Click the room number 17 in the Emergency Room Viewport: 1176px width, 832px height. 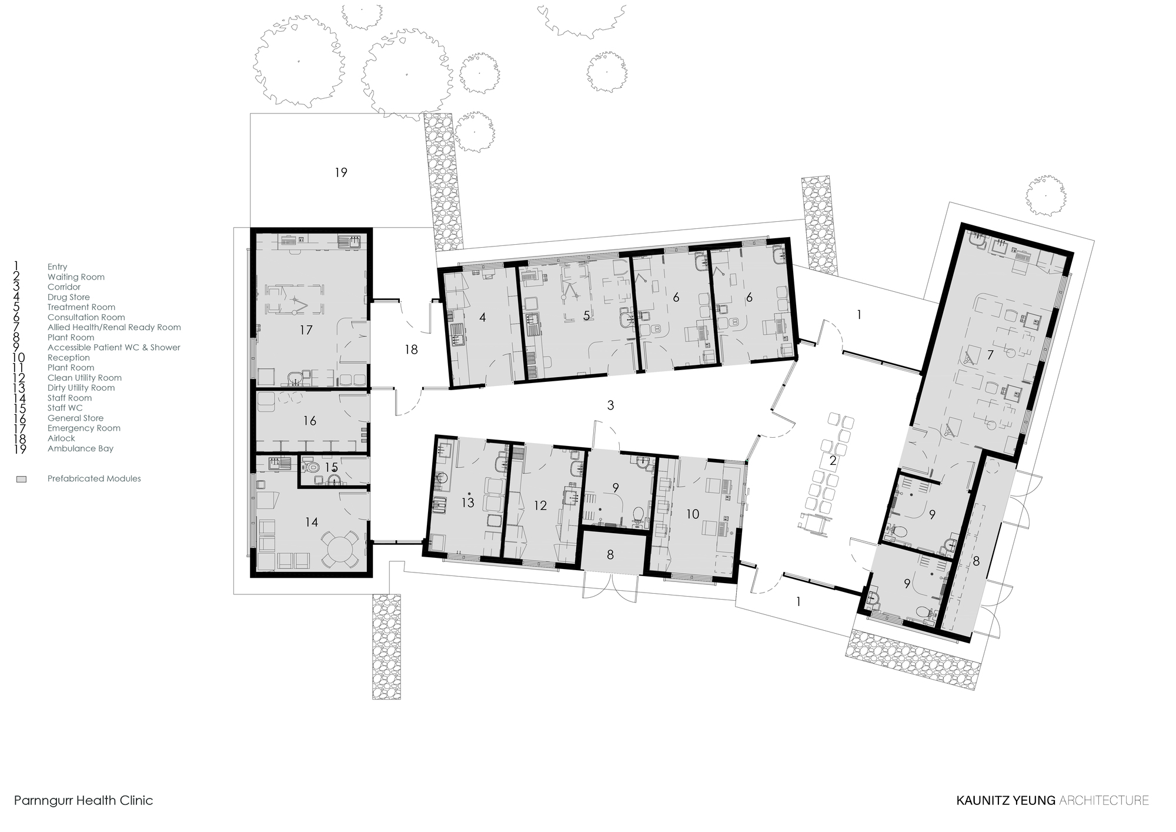[306, 330]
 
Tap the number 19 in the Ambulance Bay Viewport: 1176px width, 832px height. [341, 172]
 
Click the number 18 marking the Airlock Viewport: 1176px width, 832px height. [411, 350]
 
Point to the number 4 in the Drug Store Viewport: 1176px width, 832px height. [483, 318]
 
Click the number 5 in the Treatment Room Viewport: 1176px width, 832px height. [586, 316]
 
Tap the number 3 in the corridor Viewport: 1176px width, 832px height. [611, 405]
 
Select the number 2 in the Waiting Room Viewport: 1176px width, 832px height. [833, 461]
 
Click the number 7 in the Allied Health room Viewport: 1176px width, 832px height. [990, 355]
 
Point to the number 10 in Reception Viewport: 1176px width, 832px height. [693, 514]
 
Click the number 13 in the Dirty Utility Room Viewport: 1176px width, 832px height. [468, 503]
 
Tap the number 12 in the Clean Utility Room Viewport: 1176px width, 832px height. [540, 505]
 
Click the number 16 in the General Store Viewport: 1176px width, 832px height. [310, 421]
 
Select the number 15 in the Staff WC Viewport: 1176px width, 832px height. [332, 468]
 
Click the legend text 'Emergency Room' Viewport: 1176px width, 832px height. [83, 428]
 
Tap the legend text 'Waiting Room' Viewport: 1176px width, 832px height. [76, 277]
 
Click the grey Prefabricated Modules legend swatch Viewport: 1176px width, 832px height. [22, 479]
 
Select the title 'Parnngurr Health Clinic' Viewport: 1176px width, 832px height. [83, 800]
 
